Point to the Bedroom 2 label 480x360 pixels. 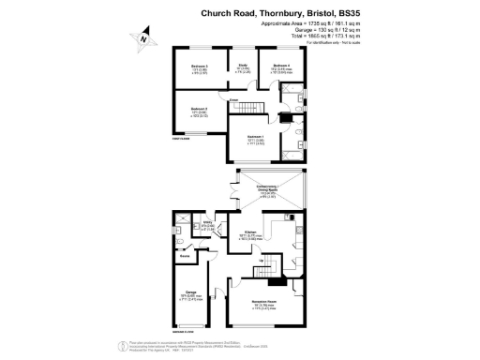(200, 68)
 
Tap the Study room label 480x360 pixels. (242, 67)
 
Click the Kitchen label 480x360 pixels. (250, 233)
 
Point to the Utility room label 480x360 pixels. (208, 226)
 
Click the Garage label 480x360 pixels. (191, 293)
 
